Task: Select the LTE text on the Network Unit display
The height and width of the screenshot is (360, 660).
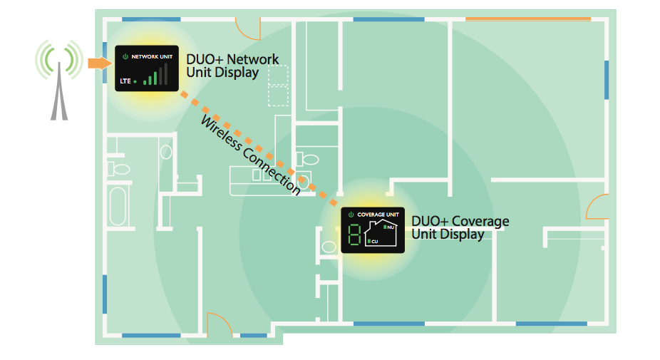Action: [x=125, y=81]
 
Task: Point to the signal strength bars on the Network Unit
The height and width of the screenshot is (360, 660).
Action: [x=155, y=75]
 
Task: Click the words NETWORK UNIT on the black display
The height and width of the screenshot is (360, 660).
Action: [x=152, y=56]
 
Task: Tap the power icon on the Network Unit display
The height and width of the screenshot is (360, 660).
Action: [x=125, y=56]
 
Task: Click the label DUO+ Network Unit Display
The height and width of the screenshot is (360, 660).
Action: [x=232, y=66]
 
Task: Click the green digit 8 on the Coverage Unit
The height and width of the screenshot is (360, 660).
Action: [x=354, y=235]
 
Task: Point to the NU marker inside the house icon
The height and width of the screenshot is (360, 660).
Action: [x=389, y=227]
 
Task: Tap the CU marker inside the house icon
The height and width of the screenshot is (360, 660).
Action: [x=373, y=241]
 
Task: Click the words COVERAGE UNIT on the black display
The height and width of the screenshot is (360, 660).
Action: [x=378, y=215]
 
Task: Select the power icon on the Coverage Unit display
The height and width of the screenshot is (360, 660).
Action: [x=351, y=215]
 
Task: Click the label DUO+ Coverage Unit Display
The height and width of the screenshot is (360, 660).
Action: [x=460, y=227]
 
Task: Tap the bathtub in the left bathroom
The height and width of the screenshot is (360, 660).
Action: [x=118, y=206]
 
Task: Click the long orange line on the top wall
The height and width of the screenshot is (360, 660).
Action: [x=528, y=19]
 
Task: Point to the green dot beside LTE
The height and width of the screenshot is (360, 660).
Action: [x=135, y=82]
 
